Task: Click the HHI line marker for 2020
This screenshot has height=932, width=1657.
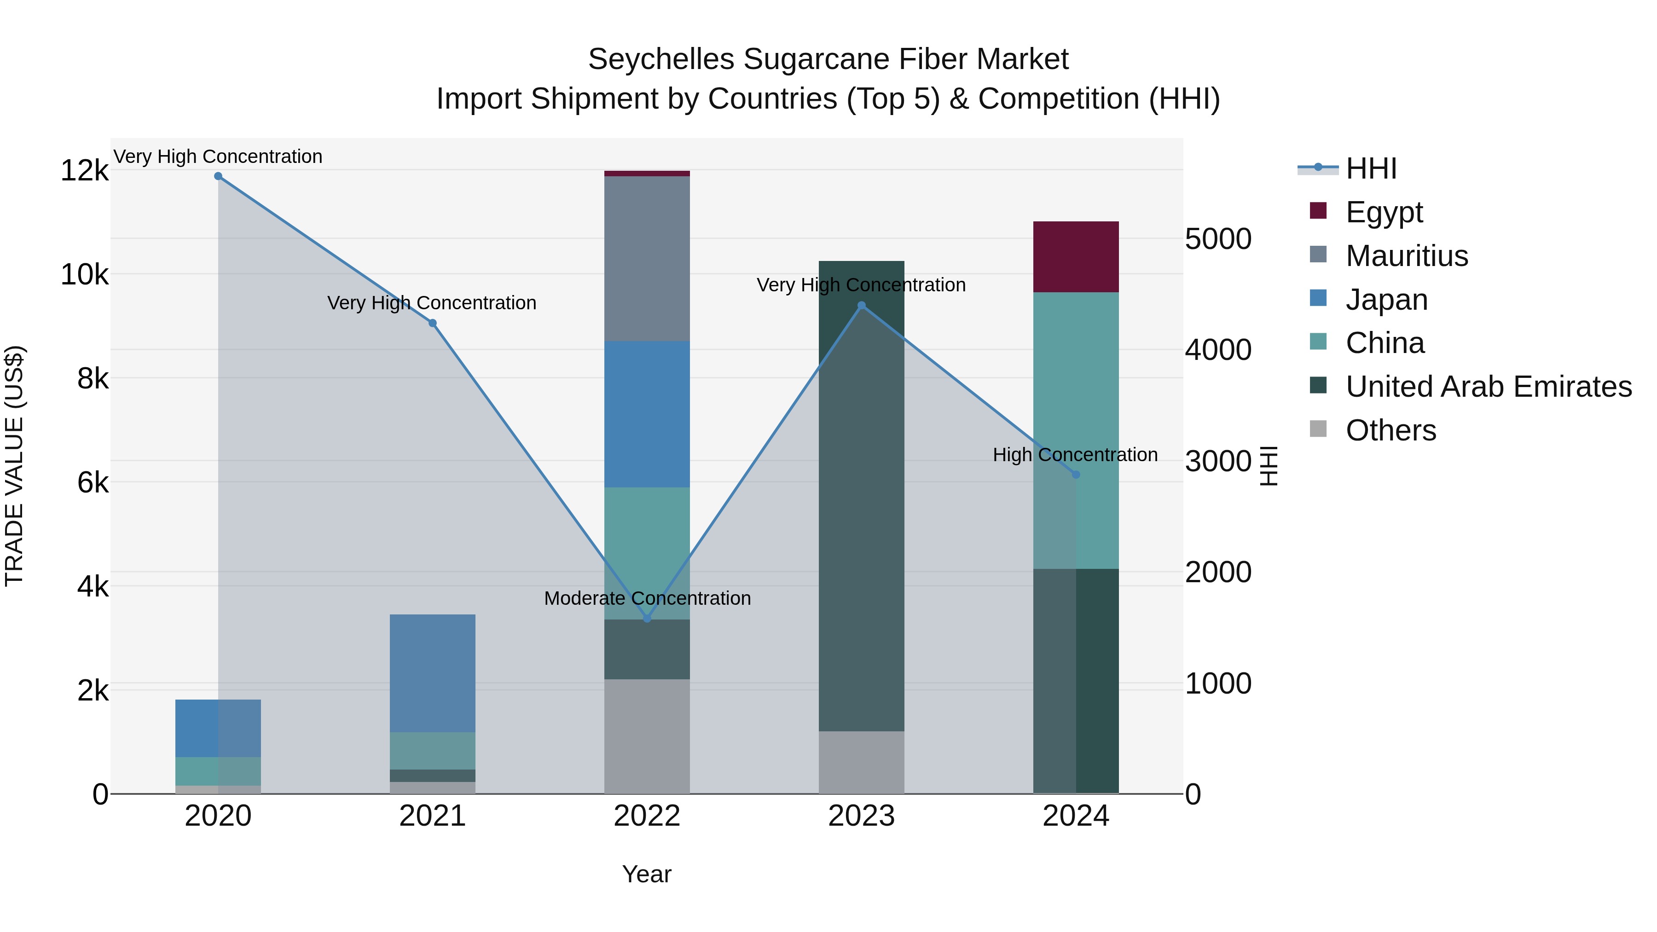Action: (x=218, y=176)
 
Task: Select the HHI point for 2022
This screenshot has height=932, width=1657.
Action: (x=647, y=619)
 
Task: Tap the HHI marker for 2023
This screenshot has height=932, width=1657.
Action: (x=861, y=306)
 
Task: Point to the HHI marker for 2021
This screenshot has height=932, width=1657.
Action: (x=432, y=324)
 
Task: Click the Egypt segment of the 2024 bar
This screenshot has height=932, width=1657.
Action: (x=1076, y=257)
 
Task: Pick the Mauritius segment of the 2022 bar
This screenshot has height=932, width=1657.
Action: (x=647, y=258)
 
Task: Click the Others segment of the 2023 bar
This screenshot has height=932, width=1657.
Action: (x=861, y=762)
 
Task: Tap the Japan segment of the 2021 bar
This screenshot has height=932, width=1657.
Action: (x=432, y=673)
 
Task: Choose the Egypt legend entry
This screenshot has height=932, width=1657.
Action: (x=1384, y=212)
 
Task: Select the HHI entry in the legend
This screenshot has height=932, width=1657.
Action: (x=1371, y=168)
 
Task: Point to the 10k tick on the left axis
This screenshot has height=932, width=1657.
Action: (x=84, y=275)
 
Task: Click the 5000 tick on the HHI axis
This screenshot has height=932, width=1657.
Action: (x=1217, y=239)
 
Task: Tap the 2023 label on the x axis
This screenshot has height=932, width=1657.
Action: (x=861, y=816)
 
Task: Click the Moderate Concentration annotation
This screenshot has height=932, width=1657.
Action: (x=647, y=598)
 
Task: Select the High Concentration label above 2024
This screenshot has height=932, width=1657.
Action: (x=1075, y=455)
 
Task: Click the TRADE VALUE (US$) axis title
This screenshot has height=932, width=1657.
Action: (x=14, y=466)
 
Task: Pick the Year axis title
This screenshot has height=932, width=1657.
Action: (x=647, y=874)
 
